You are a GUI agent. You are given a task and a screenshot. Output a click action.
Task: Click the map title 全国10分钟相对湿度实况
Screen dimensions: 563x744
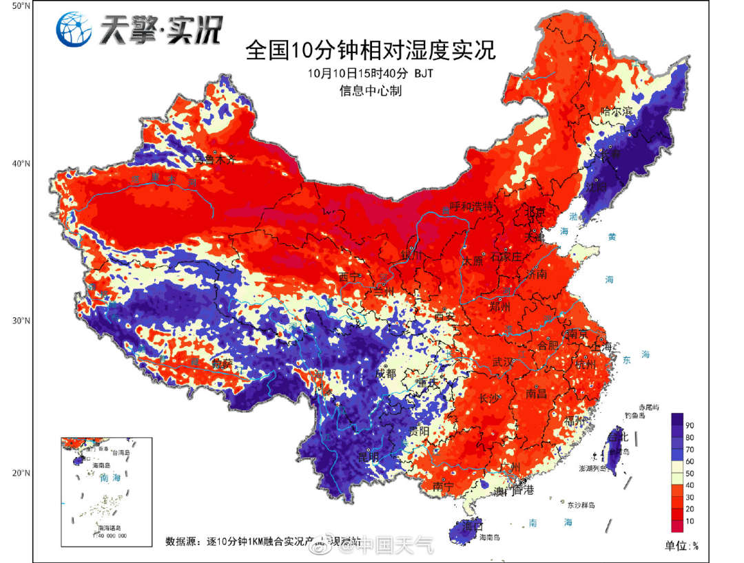click(x=371, y=52)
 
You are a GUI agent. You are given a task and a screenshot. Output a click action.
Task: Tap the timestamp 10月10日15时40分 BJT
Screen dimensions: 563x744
click(x=371, y=73)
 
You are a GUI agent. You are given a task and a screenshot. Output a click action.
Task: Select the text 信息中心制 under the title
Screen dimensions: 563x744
click(x=370, y=90)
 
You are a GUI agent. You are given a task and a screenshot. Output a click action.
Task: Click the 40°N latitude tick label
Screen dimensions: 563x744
click(x=20, y=164)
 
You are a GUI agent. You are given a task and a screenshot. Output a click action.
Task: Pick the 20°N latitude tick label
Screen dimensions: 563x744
click(x=20, y=473)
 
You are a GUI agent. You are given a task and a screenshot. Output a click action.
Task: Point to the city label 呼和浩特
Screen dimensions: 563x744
click(x=471, y=206)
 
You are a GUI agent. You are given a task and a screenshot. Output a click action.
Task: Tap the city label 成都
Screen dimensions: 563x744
click(x=386, y=374)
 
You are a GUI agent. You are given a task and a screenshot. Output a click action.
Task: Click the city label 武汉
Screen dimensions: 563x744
click(x=504, y=362)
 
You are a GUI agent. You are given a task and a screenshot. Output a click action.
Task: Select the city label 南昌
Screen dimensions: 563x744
click(x=536, y=394)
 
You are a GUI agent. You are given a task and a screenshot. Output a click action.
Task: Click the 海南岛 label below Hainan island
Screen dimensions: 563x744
click(x=490, y=537)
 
